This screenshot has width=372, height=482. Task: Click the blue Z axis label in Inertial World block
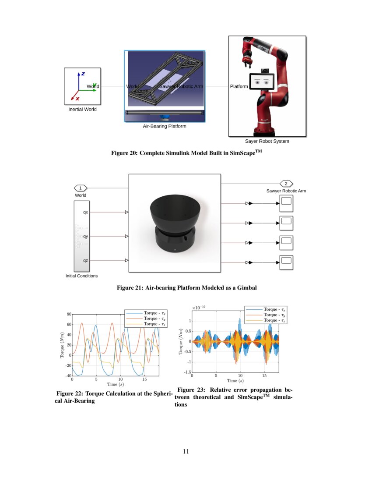(x=83, y=74)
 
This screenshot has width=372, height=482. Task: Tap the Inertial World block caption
(x=82, y=109)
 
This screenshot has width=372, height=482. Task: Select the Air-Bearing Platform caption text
(x=165, y=126)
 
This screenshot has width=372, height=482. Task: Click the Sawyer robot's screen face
(x=261, y=82)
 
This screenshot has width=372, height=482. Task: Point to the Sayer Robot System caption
(x=267, y=141)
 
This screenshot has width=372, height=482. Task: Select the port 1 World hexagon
(x=81, y=188)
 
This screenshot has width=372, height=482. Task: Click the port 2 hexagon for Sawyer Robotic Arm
(x=286, y=184)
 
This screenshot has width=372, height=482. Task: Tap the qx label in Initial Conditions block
(x=86, y=212)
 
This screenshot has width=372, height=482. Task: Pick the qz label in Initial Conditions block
(x=86, y=260)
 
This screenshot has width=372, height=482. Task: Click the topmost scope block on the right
(x=286, y=203)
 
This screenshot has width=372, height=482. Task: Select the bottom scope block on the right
(x=286, y=262)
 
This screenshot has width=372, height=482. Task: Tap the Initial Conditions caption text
(x=82, y=276)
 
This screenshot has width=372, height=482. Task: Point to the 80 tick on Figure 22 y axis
(x=69, y=314)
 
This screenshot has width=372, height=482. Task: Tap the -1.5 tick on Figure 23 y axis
(x=186, y=372)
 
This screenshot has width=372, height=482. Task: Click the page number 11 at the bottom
(x=186, y=452)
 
